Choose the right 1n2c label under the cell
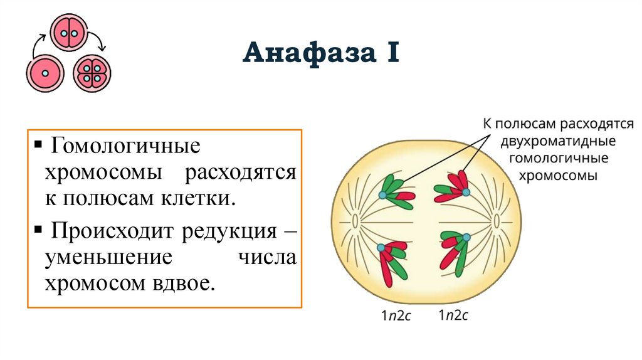[453, 315]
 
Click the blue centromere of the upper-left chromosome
[382, 196]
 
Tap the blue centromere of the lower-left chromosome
[381, 248]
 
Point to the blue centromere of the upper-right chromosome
[466, 191]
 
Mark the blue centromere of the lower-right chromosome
[466, 237]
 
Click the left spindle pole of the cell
[355, 221]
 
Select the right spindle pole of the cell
[496, 221]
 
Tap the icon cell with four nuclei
[92, 73]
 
